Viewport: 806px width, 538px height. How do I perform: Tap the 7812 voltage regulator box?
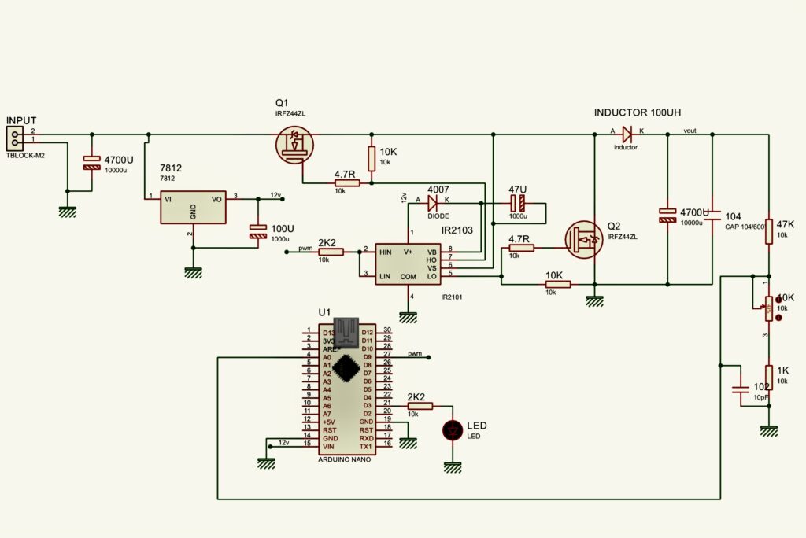[192, 206]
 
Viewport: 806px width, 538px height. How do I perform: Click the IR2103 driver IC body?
[407, 263]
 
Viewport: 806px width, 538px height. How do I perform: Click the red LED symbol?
[453, 430]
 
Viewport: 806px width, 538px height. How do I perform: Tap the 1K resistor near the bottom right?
[770, 375]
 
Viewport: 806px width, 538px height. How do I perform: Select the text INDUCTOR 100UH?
[637, 113]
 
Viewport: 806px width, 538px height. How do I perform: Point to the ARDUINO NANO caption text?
[344, 459]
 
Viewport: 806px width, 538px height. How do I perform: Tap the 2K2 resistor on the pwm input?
[331, 252]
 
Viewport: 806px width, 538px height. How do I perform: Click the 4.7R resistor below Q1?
[347, 183]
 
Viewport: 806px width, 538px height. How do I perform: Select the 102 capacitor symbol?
[740, 389]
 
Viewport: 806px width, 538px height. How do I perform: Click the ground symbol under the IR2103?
[407, 317]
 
